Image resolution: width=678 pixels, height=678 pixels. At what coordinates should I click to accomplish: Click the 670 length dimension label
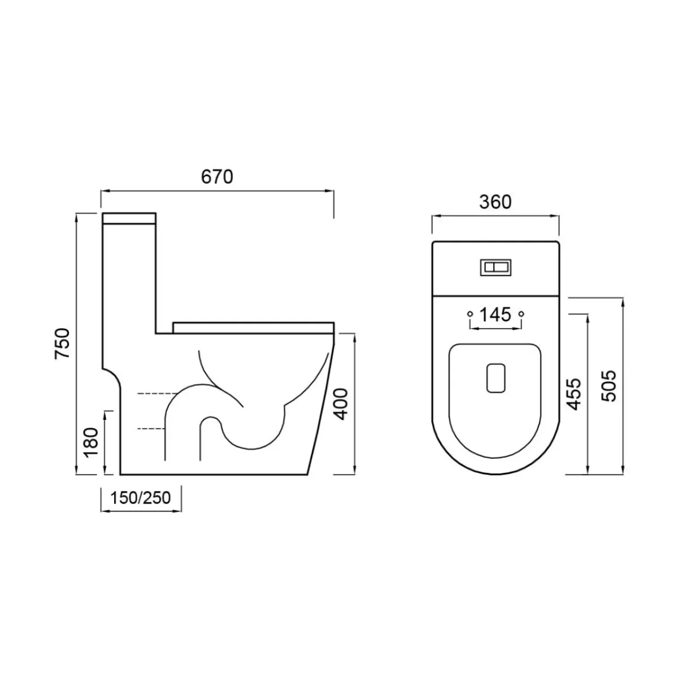click(217, 177)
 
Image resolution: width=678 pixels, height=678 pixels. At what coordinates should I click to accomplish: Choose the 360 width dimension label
click(495, 202)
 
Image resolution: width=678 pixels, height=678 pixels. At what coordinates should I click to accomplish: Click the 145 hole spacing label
click(495, 314)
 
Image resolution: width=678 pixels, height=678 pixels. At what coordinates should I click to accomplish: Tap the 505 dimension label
click(609, 386)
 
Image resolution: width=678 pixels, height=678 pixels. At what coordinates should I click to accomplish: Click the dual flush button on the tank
click(495, 267)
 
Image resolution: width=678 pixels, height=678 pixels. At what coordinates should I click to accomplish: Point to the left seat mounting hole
click(469, 313)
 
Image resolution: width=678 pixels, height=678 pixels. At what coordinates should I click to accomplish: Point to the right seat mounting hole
click(521, 313)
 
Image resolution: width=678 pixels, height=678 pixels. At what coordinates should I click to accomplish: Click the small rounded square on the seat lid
click(496, 377)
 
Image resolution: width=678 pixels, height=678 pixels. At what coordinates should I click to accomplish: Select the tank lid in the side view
click(129, 218)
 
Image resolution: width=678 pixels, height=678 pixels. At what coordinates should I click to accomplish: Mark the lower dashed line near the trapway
click(150, 429)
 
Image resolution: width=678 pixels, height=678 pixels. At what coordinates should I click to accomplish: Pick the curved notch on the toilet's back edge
click(112, 379)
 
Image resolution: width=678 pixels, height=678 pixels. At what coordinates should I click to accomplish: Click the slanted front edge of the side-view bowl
click(322, 407)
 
